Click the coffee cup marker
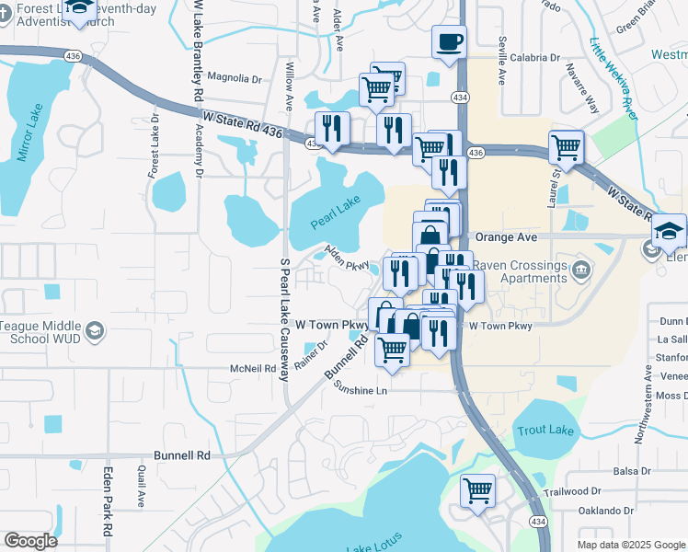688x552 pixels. click(449, 42)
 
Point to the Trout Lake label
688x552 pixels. click(545, 430)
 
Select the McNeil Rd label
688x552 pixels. click(253, 368)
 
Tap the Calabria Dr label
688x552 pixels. click(534, 57)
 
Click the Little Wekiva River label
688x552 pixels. click(613, 77)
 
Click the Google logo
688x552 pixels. click(30, 541)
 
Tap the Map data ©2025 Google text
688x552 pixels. click(630, 545)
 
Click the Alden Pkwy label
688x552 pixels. click(346, 259)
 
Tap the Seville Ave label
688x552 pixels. click(502, 57)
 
